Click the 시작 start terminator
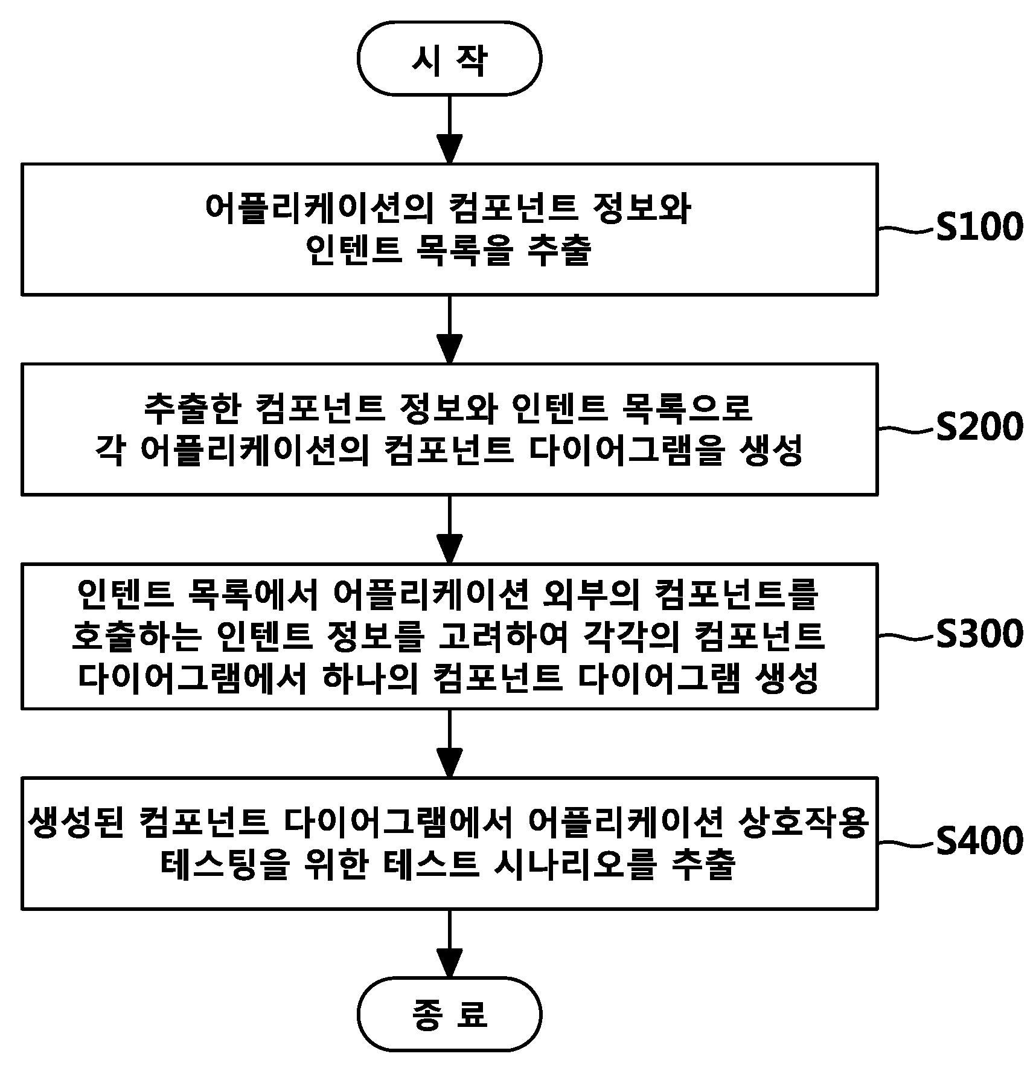(x=449, y=59)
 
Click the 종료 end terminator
(x=449, y=1014)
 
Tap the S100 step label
(x=979, y=228)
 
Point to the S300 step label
(x=979, y=634)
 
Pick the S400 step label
(x=979, y=841)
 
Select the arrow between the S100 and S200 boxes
(x=449, y=329)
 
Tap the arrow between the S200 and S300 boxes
(x=449, y=529)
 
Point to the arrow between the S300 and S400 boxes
(x=449, y=743)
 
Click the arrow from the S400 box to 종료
(x=449, y=943)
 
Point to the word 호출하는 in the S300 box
(x=135, y=636)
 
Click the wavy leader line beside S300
(x=906, y=636)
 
